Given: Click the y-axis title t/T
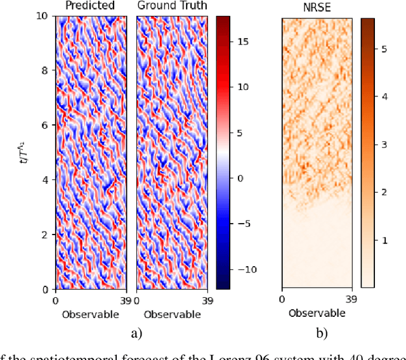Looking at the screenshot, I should (24, 153).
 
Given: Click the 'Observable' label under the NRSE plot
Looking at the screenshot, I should (317, 313).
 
